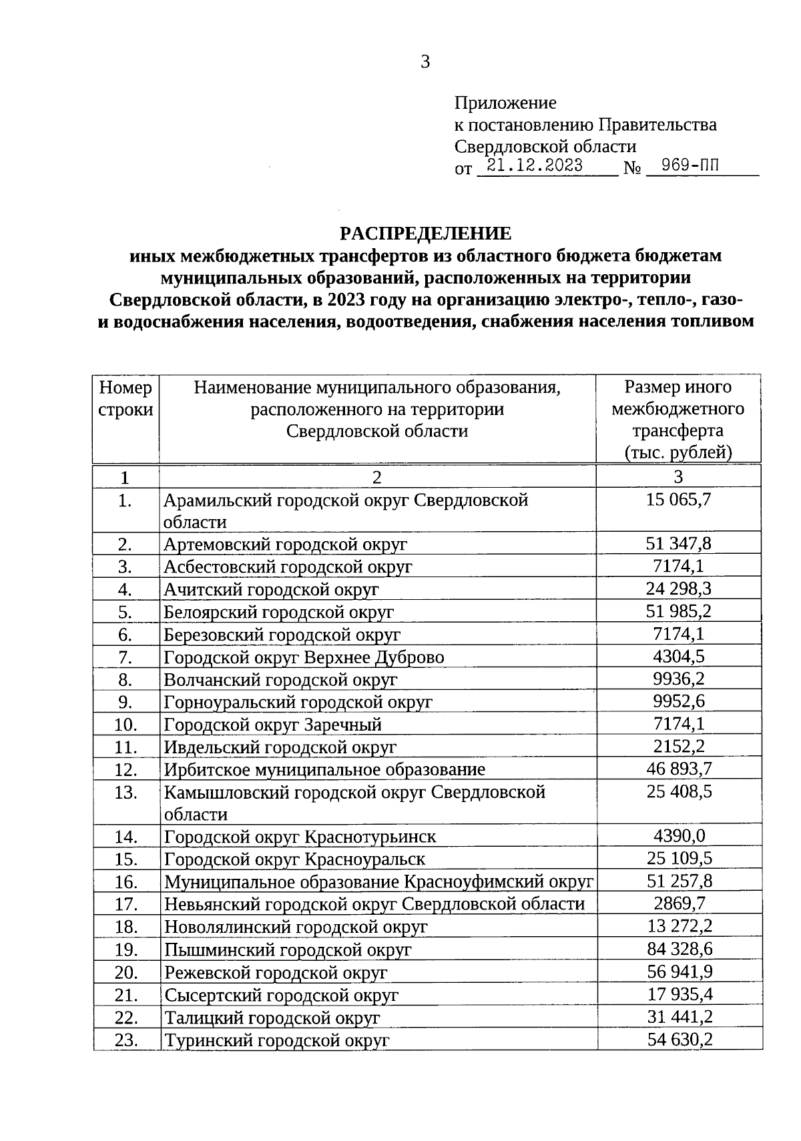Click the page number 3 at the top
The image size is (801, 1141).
[x=425, y=62]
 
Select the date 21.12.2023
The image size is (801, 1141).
[x=535, y=166]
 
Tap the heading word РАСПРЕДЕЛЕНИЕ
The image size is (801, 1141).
[x=426, y=234]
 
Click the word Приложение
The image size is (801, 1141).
[x=505, y=103]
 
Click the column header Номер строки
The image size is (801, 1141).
[x=125, y=398]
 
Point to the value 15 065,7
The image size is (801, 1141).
[x=678, y=499]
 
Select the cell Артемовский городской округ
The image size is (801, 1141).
[x=286, y=544]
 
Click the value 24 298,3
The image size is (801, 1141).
[x=678, y=589]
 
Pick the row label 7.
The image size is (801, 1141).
[x=125, y=657]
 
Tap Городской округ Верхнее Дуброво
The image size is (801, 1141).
[x=304, y=657]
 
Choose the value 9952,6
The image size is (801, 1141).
[x=678, y=701]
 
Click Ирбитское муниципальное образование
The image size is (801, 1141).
[x=324, y=769]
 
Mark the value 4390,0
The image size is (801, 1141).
[x=678, y=836]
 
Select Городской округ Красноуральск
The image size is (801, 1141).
[x=294, y=859]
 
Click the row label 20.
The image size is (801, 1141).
[x=125, y=972]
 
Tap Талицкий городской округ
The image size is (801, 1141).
[x=272, y=1018]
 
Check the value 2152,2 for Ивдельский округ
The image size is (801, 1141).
[x=678, y=746]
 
